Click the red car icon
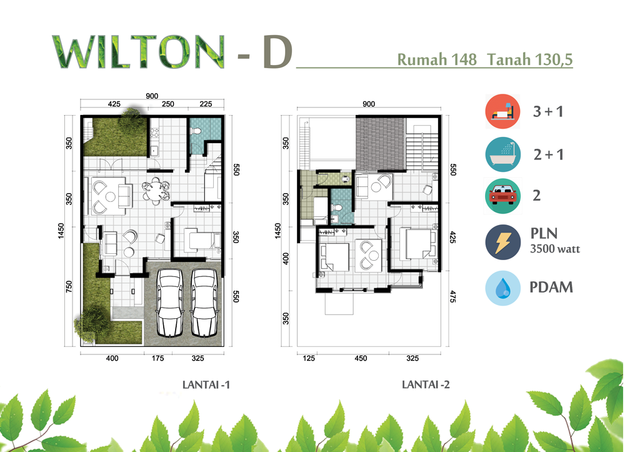502,196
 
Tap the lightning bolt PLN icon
502,243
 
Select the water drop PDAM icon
502,288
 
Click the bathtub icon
502,154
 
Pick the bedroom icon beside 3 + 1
502,112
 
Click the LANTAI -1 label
206,384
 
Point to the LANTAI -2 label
426,384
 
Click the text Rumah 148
437,59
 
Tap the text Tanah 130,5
530,59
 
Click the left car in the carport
170,302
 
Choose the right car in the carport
204,302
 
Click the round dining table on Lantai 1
156,191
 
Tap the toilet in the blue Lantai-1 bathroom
196,131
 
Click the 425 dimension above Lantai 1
114,104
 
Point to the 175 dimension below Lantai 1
158,358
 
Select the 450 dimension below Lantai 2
361,358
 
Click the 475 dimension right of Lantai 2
452,297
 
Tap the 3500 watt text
555,249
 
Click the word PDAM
551,288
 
